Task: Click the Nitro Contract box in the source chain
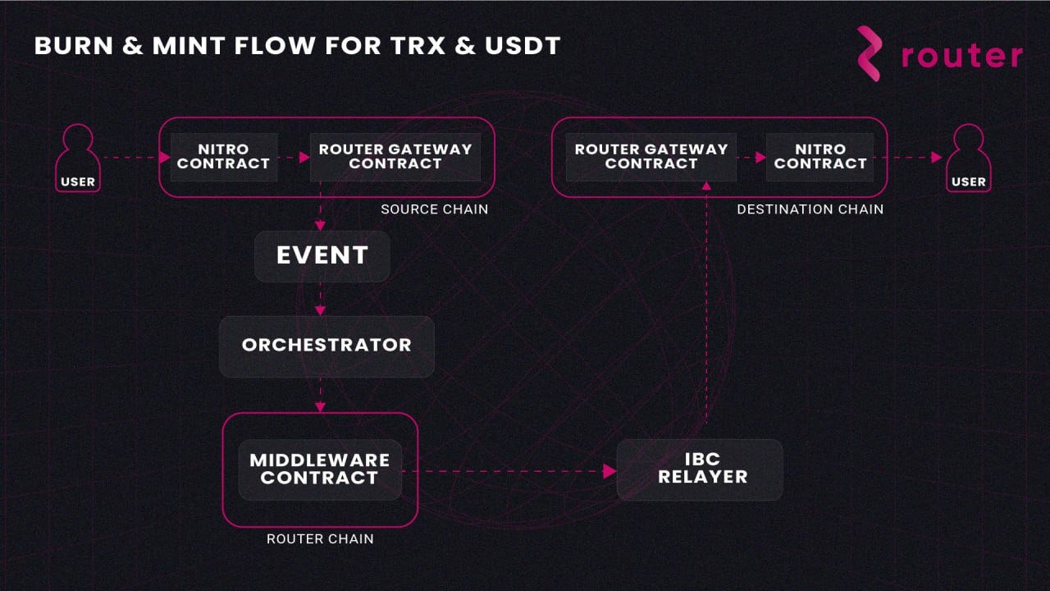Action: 223,157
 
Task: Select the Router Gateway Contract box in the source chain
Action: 395,157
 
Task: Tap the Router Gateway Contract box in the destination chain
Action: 651,157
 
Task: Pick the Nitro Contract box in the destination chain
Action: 820,157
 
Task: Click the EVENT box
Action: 322,255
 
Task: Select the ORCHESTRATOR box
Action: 326,346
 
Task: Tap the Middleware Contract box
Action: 320,470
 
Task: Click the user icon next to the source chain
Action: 78,158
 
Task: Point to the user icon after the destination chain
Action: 969,158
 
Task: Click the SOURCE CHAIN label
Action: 434,209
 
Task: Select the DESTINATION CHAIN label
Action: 810,209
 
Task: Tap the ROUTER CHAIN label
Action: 320,539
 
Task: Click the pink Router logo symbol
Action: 870,54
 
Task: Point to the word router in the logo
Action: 961,56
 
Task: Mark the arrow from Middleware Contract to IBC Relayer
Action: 509,471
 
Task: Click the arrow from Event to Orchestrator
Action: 321,300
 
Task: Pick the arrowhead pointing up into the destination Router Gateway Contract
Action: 705,186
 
